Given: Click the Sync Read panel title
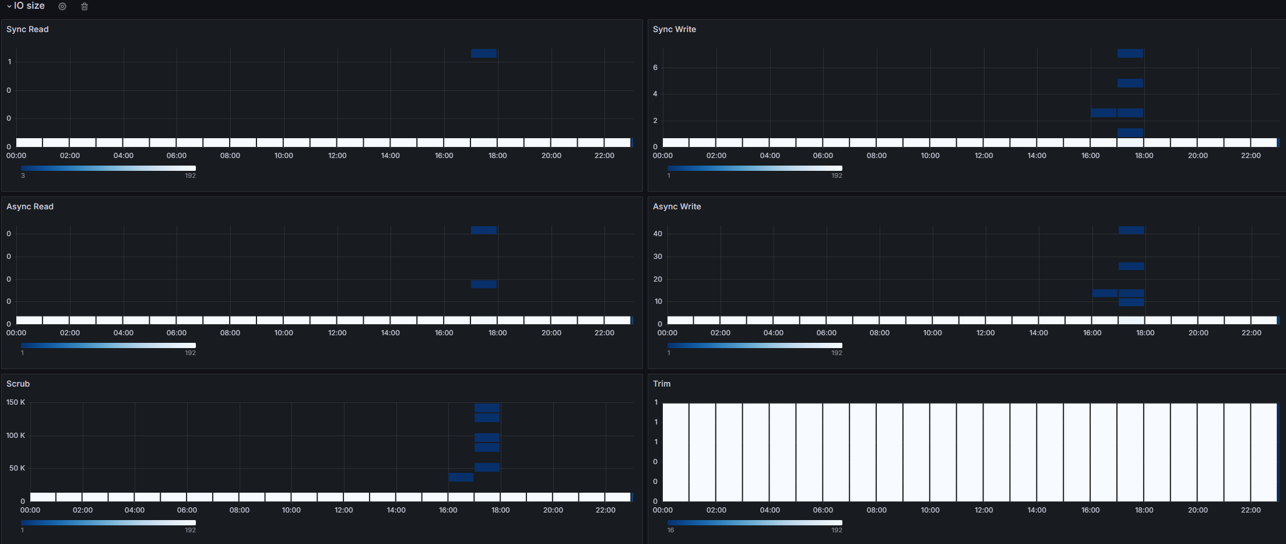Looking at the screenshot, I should coord(27,29).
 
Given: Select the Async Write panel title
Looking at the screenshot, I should coord(677,206).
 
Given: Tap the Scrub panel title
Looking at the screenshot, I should coord(18,384).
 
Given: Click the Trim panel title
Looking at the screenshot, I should coord(662,384).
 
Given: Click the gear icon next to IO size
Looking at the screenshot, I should coord(62,6).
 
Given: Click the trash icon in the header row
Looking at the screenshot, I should coord(85,6).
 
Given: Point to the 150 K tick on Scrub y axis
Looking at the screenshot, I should coord(16,402).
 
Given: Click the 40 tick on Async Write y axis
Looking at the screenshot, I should coord(658,234).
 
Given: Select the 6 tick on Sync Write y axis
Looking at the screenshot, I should coord(655,68).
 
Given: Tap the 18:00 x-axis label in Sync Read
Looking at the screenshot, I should coord(497,156).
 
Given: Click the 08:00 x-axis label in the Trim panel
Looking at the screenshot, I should coord(876,510).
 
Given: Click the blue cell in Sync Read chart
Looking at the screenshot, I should coord(484,54).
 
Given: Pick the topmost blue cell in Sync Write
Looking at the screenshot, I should coord(1130,54).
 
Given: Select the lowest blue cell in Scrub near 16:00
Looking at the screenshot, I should coord(461,477).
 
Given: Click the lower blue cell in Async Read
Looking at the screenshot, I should coord(484,285).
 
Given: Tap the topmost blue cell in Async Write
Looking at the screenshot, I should coord(1131,230).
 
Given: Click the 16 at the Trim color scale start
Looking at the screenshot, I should coord(670,530).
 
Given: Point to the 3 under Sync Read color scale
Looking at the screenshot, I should coord(23,176).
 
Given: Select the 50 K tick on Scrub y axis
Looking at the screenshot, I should coord(17,468).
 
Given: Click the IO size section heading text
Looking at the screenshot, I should coord(29,6).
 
